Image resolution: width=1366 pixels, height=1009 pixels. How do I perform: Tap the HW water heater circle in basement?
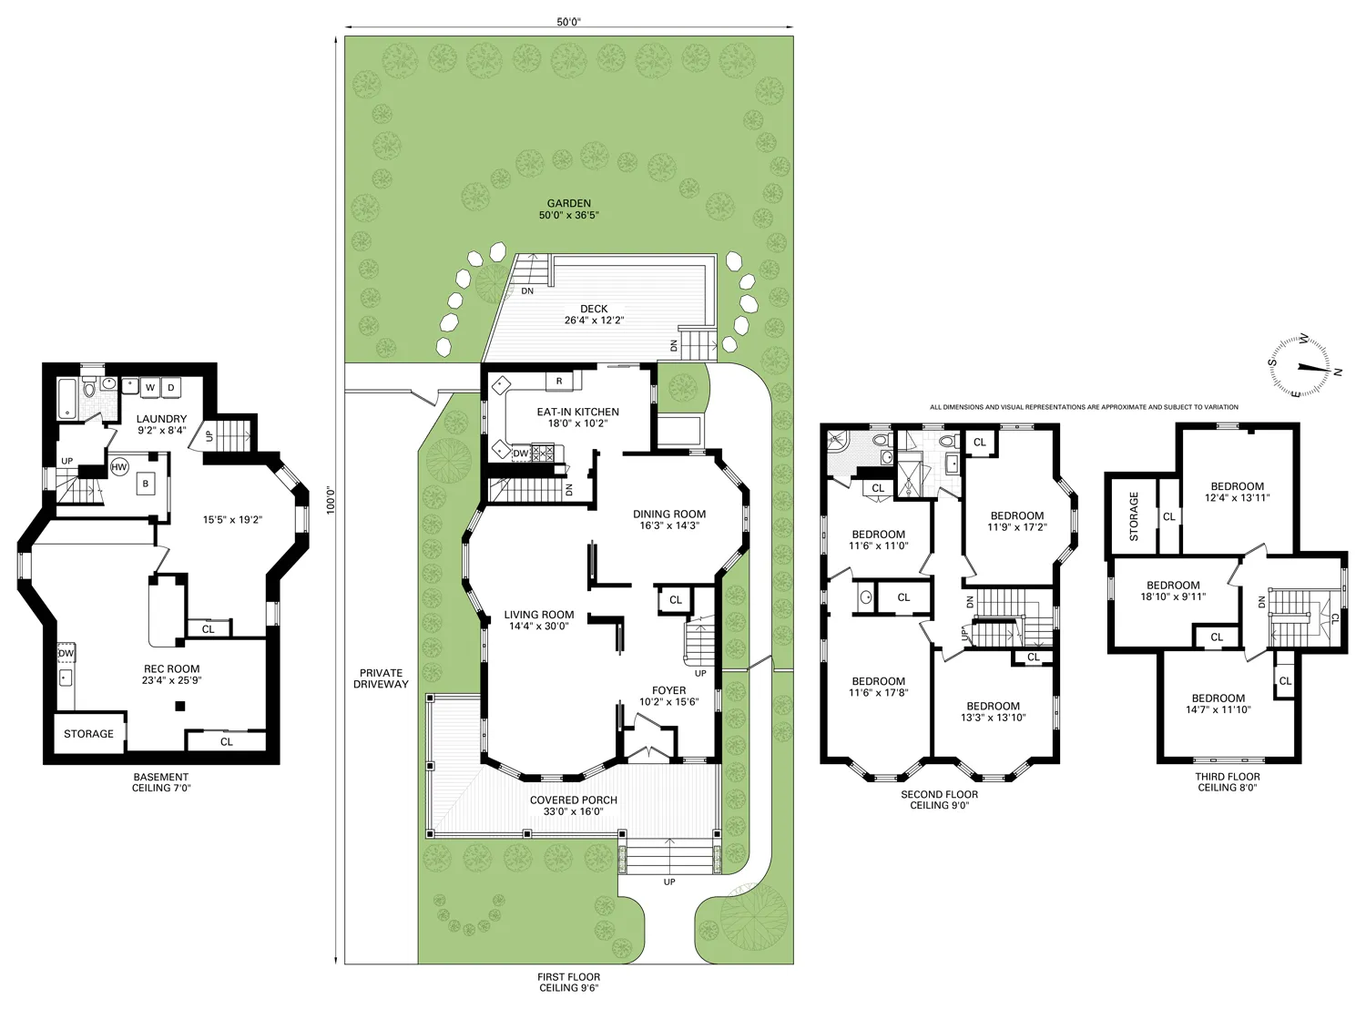tap(119, 467)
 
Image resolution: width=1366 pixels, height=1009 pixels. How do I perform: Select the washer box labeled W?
tap(150, 388)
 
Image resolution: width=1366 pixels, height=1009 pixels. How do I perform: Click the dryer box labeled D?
tap(170, 388)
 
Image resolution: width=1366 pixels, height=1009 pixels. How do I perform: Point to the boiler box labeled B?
tap(146, 484)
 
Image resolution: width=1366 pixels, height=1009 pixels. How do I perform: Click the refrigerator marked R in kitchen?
tap(559, 381)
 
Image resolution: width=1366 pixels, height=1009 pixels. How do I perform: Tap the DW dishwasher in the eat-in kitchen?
tap(520, 453)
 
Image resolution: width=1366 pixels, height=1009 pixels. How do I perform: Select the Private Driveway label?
tap(381, 678)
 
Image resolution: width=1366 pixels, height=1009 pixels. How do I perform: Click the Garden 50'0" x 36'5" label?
tap(568, 209)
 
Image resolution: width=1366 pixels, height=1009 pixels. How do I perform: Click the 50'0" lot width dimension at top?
tap(568, 23)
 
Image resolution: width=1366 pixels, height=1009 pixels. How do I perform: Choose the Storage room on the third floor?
tap(1133, 516)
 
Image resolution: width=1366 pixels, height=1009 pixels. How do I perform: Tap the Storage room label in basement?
tap(88, 734)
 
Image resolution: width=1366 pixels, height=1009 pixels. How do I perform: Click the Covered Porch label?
tap(574, 805)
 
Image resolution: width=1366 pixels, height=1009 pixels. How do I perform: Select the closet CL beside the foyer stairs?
tap(675, 600)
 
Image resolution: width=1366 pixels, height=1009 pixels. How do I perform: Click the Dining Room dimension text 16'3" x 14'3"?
tap(669, 525)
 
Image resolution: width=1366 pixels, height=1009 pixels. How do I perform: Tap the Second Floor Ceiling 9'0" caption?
tap(939, 800)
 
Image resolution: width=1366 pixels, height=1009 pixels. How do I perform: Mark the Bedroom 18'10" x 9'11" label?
tap(1173, 591)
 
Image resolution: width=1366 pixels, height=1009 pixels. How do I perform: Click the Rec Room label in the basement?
tap(171, 674)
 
